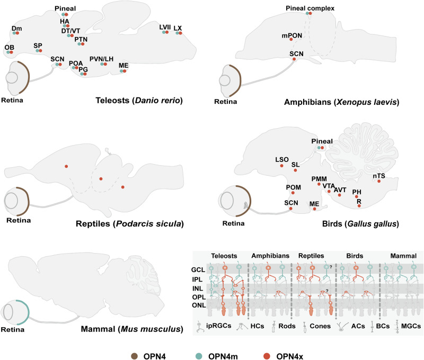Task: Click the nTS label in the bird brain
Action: [x=377, y=175]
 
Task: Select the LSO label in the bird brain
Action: [x=281, y=158]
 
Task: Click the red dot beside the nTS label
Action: [x=379, y=182]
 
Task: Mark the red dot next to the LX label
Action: [x=180, y=33]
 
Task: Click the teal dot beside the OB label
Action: [x=7, y=53]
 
